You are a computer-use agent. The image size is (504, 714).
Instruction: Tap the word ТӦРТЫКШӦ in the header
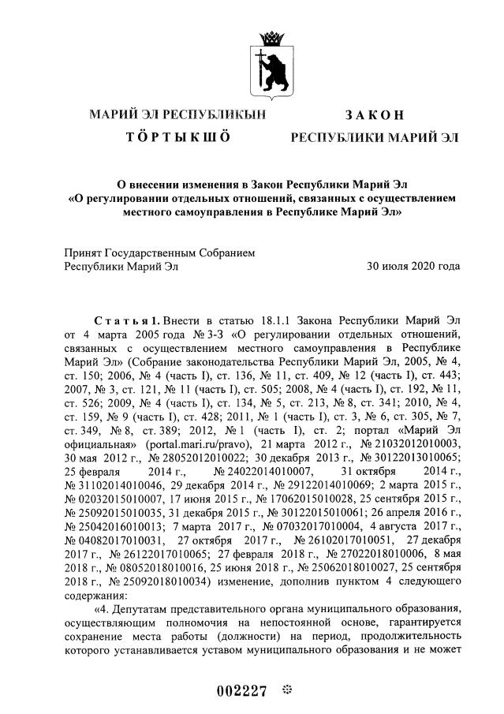(x=178, y=137)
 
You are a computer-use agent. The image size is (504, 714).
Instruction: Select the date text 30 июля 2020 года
(x=413, y=266)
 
